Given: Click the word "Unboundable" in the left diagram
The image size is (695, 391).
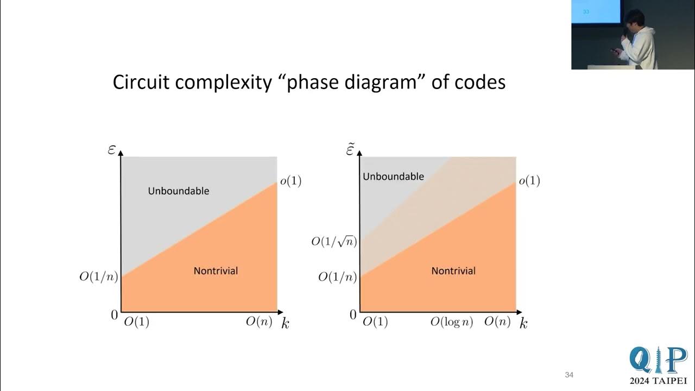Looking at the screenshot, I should [179, 191].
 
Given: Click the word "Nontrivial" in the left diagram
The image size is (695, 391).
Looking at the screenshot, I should [216, 270].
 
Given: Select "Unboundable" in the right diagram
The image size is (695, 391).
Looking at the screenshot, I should [393, 176].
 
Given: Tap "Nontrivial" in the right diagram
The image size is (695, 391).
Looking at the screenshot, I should [453, 270].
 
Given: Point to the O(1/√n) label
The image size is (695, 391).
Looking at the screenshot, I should [334, 241].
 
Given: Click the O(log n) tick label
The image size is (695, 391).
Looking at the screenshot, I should [452, 322].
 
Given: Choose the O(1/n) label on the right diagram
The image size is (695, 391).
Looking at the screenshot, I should [337, 277].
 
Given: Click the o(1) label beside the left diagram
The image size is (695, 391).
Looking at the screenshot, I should [290, 181].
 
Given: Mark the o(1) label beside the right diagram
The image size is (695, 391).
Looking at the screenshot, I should [529, 181].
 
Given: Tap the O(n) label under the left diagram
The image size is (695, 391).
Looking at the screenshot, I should [259, 322].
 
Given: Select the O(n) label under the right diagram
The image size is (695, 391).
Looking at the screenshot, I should [497, 322].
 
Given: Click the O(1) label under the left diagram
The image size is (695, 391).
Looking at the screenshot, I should [136, 322].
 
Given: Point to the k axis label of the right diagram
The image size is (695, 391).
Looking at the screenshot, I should [523, 324].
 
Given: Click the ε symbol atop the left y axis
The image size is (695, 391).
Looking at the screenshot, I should [112, 149].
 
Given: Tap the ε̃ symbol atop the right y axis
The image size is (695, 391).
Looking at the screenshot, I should [351, 148].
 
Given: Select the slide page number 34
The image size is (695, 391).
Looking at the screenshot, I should [569, 375].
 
